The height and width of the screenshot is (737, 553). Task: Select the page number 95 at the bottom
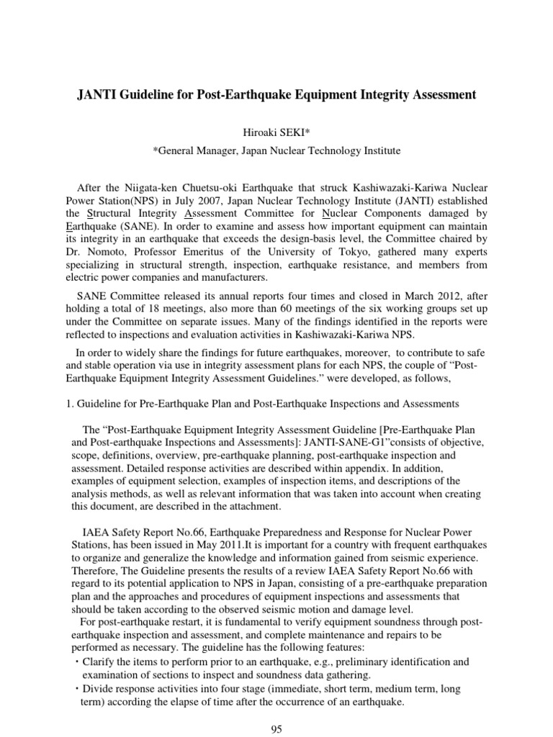(276, 729)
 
